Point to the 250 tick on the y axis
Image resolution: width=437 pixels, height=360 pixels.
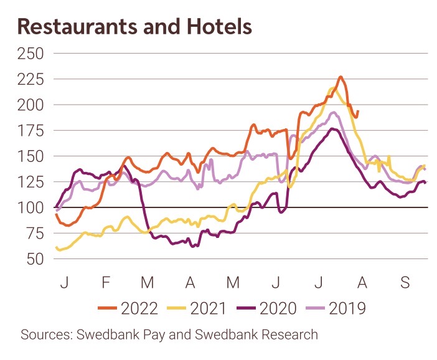31,54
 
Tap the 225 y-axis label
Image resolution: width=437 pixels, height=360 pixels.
31,79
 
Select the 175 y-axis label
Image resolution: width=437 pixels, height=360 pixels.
31,131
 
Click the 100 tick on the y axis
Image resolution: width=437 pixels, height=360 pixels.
31,207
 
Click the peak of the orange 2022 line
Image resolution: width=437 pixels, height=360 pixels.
341,77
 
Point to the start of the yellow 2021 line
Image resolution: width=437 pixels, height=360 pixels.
57,248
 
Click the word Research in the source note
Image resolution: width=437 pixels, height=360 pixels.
291,334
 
